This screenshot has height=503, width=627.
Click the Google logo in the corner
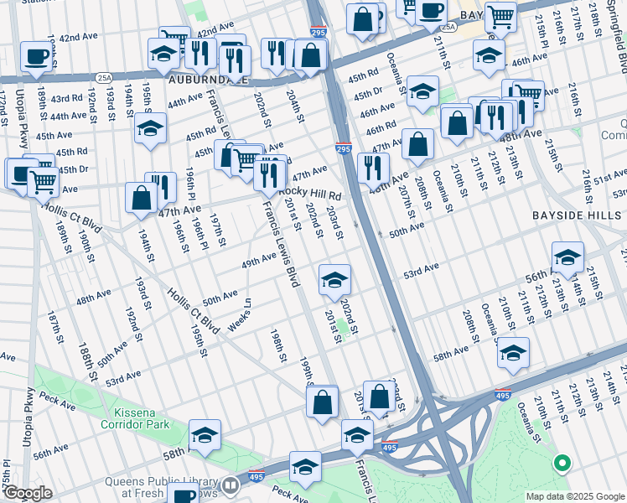(x=28, y=493)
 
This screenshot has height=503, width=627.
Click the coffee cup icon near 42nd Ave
(x=35, y=55)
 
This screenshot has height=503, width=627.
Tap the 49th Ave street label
(x=258, y=262)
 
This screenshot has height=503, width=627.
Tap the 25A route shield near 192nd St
(x=104, y=77)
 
